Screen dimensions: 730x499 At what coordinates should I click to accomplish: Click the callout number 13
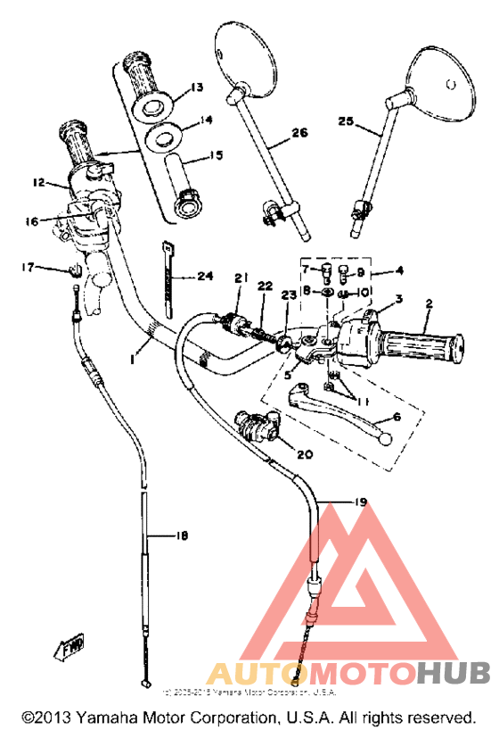(x=196, y=87)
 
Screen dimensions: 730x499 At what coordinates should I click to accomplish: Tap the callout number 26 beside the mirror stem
(x=299, y=134)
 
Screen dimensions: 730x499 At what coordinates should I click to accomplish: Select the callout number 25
(x=346, y=120)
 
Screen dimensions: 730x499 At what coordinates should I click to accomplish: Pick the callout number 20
(x=304, y=454)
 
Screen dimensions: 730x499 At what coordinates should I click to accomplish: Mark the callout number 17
(x=28, y=266)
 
